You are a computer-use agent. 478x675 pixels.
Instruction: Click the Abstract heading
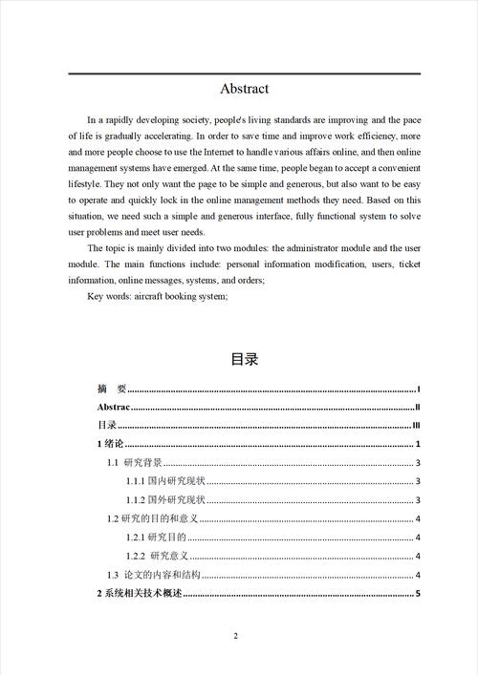[245, 89]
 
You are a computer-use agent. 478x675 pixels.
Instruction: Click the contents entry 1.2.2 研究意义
[158, 557]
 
